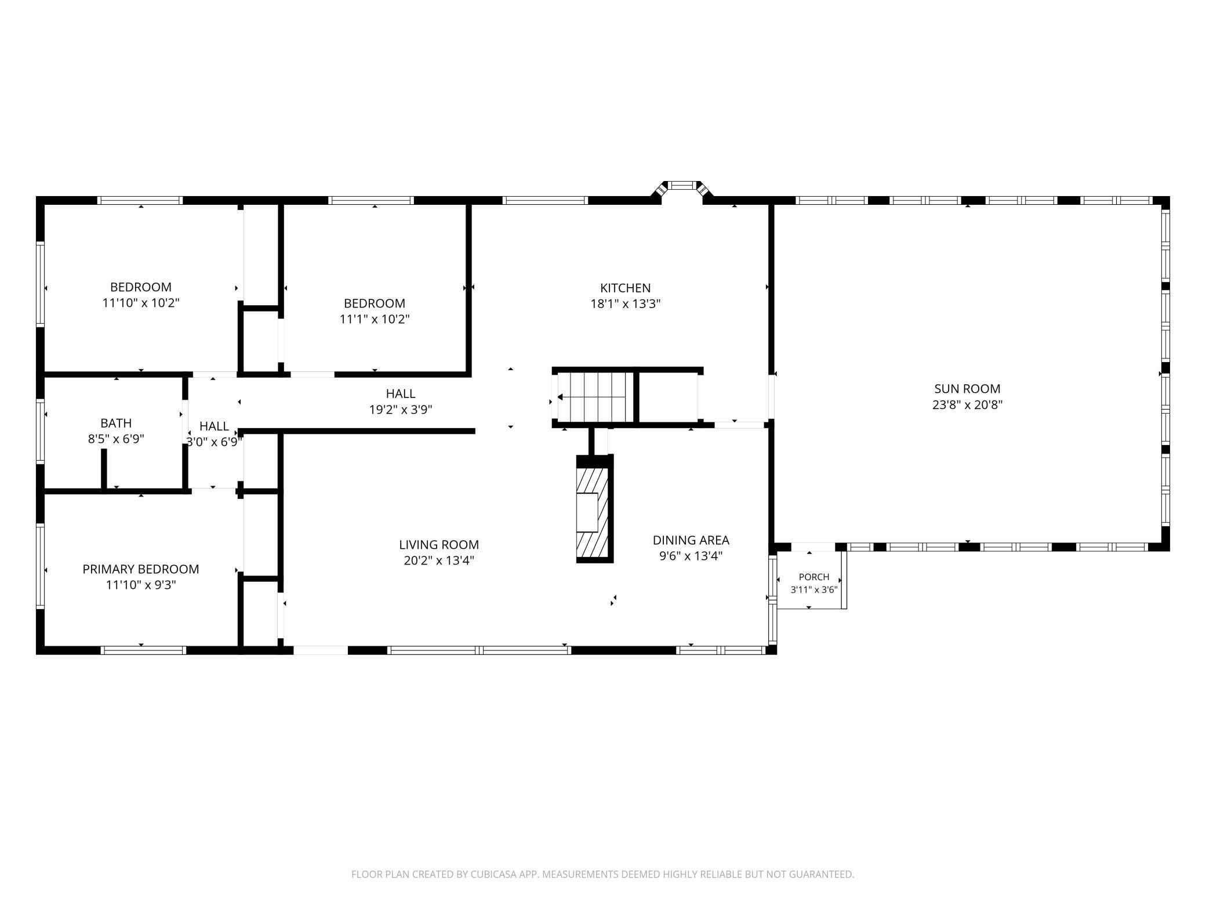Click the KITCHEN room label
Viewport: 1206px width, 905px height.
625,288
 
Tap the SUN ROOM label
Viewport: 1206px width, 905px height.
967,389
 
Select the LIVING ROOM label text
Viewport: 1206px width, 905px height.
439,545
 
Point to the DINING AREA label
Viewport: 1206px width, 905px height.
691,540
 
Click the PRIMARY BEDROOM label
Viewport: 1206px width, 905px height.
141,569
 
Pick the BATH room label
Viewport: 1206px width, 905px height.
116,423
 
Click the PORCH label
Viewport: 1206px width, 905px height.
814,577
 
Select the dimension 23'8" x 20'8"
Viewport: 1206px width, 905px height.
967,405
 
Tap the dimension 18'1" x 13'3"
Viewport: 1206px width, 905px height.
625,303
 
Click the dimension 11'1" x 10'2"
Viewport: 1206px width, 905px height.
375,319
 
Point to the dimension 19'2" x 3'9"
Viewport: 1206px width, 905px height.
401,410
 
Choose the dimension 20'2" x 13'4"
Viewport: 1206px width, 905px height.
439,560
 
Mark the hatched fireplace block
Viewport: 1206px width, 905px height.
595,509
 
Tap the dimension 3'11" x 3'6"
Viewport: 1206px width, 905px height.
814,590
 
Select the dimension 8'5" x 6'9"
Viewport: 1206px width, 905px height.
116,439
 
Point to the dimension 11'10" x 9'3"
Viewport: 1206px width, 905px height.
141,585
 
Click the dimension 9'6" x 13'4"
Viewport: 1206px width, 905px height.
691,556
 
